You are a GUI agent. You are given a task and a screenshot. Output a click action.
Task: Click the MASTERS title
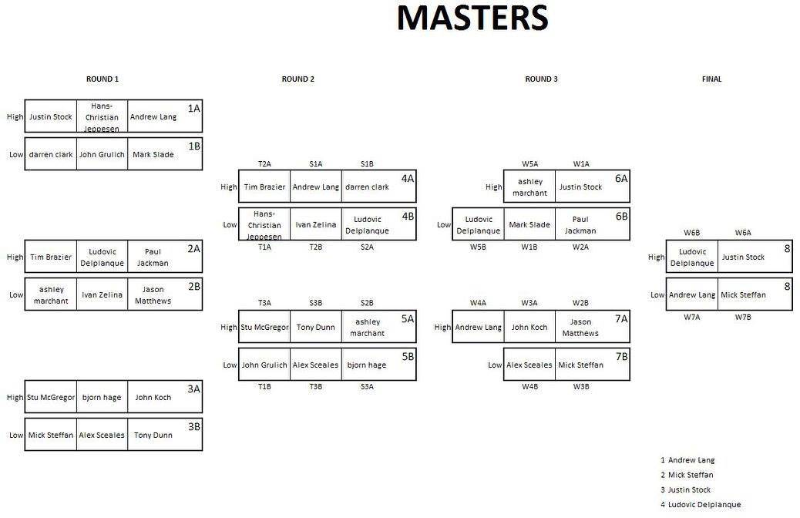tap(472, 18)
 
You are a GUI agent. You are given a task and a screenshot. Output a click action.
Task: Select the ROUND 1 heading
tap(103, 79)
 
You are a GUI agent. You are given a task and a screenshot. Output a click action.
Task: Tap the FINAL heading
tap(711, 79)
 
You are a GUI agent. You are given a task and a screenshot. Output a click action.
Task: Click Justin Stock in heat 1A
tap(51, 117)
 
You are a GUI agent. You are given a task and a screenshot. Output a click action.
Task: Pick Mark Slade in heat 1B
tap(153, 155)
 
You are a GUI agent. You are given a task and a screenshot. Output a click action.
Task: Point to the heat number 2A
tap(193, 249)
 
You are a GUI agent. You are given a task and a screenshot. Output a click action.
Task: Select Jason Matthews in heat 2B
tap(153, 295)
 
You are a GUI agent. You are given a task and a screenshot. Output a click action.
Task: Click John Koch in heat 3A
tap(153, 398)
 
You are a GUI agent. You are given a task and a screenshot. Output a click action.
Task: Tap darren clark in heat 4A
tap(367, 187)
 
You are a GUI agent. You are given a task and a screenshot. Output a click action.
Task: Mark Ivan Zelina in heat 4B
tap(315, 225)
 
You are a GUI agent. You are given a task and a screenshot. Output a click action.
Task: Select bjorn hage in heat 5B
tap(366, 365)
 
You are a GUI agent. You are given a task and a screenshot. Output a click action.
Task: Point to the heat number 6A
tap(621, 178)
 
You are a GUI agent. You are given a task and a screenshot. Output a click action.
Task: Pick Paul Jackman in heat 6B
tap(580, 225)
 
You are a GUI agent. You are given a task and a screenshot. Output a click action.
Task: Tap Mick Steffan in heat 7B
tap(580, 365)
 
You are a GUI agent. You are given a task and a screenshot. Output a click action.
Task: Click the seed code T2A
tap(264, 164)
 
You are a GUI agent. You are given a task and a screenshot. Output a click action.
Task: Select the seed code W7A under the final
tap(691, 317)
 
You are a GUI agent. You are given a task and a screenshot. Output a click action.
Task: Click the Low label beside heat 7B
tap(495, 365)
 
